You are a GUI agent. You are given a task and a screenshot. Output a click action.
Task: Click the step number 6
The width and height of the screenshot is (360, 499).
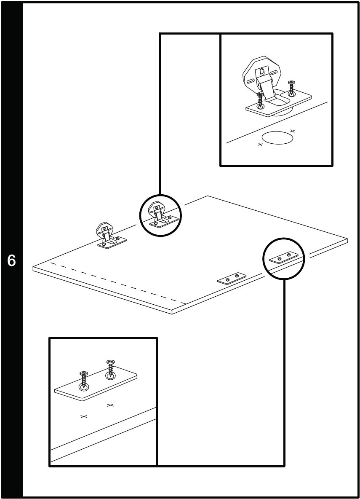(12, 261)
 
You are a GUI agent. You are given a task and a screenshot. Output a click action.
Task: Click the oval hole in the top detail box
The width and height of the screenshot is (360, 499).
(277, 138)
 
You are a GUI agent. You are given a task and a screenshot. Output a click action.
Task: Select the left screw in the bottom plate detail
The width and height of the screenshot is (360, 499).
(84, 380)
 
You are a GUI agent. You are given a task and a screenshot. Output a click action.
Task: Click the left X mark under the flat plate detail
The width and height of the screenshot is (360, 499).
(84, 416)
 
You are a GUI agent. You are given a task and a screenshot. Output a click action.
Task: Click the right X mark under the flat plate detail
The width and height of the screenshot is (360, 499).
(110, 405)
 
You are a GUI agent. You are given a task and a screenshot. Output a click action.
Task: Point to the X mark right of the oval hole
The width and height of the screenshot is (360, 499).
(293, 131)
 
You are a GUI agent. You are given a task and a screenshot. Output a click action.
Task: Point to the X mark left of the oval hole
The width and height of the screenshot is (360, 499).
(260, 145)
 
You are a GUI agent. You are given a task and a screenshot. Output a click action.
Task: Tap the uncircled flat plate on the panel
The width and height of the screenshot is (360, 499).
(232, 279)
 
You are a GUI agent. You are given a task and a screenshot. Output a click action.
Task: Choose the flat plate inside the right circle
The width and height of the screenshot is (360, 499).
(284, 257)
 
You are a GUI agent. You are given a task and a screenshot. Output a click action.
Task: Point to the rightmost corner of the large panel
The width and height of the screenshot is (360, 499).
(347, 240)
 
